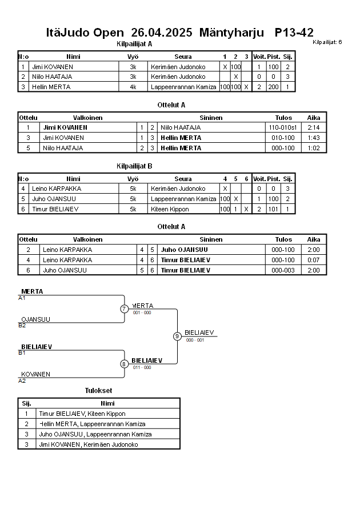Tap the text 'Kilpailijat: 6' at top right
coord(327,42)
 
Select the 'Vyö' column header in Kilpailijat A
coord(133,57)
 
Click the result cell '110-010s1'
coord(283,127)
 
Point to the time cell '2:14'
coord(314,127)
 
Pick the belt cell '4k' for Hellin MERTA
coord(133,87)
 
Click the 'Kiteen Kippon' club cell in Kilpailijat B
coord(170,209)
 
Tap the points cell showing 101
coord(273,209)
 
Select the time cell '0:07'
coord(314,260)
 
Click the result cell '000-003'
coord(283,270)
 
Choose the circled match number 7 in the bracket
coord(125,309)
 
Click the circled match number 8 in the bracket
coord(124,364)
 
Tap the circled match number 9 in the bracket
coord(177,336)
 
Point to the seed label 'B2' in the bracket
coord(22,326)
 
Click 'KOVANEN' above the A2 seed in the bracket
coord(35,374)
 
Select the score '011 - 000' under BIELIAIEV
coord(141,367)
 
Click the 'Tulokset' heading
coord(98,390)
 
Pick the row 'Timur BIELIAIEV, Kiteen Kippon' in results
coord(82,414)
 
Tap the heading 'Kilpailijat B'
coord(134,166)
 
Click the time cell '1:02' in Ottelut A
coord(314,148)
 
